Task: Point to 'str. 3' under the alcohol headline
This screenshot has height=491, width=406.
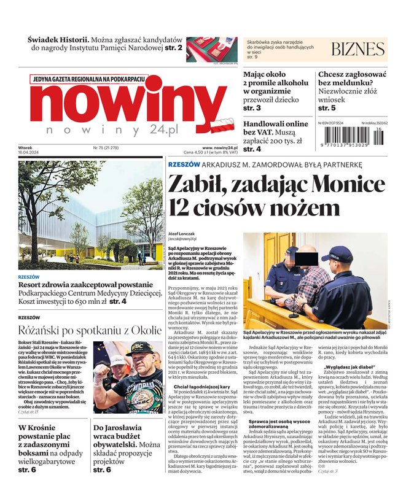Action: [252, 108]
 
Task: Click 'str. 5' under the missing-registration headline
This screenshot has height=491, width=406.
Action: [327, 108]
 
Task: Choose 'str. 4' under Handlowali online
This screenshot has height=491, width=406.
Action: [252, 149]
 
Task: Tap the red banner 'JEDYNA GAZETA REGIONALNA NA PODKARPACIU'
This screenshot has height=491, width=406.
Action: [88, 79]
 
